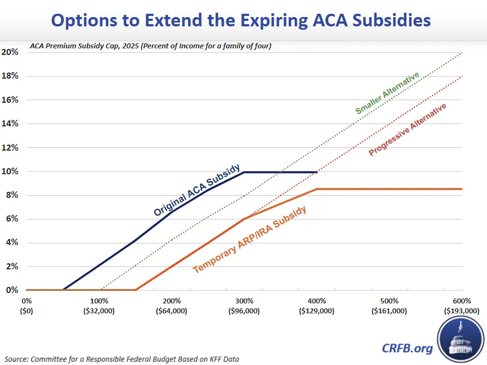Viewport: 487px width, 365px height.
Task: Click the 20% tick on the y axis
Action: (x=10, y=52)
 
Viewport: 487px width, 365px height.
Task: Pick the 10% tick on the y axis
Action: (x=10, y=172)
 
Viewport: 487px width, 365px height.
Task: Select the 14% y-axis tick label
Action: (x=10, y=124)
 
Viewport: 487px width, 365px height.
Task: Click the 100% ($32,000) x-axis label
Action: (x=99, y=306)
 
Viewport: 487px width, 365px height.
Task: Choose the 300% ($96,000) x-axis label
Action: (x=244, y=306)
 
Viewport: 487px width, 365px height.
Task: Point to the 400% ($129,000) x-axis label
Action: (x=317, y=306)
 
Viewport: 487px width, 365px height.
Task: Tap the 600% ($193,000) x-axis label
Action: (x=461, y=306)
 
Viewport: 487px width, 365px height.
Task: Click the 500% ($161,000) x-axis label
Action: (x=389, y=306)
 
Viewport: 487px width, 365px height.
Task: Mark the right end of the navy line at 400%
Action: (x=317, y=172)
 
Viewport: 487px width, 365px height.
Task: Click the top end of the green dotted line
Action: (x=462, y=53)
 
